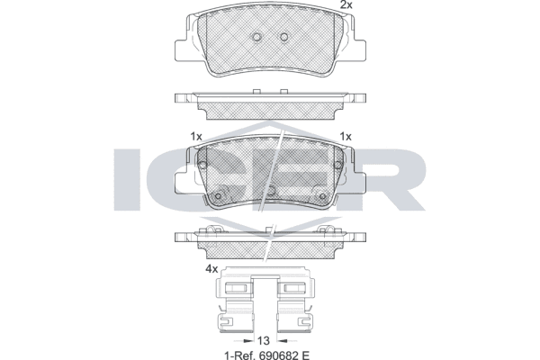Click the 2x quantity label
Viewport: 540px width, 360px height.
tap(346, 4)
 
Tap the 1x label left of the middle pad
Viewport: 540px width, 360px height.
tap(196, 137)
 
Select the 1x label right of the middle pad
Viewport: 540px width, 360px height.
tap(346, 137)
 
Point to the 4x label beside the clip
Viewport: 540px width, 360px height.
tap(211, 269)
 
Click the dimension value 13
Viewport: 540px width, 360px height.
tap(263, 340)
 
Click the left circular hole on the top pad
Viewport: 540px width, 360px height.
tap(256, 37)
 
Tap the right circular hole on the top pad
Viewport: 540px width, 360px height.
tap(284, 37)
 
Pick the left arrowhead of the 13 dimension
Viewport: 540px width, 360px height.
tap(247, 341)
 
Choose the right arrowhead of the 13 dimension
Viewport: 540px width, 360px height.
tap(282, 341)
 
